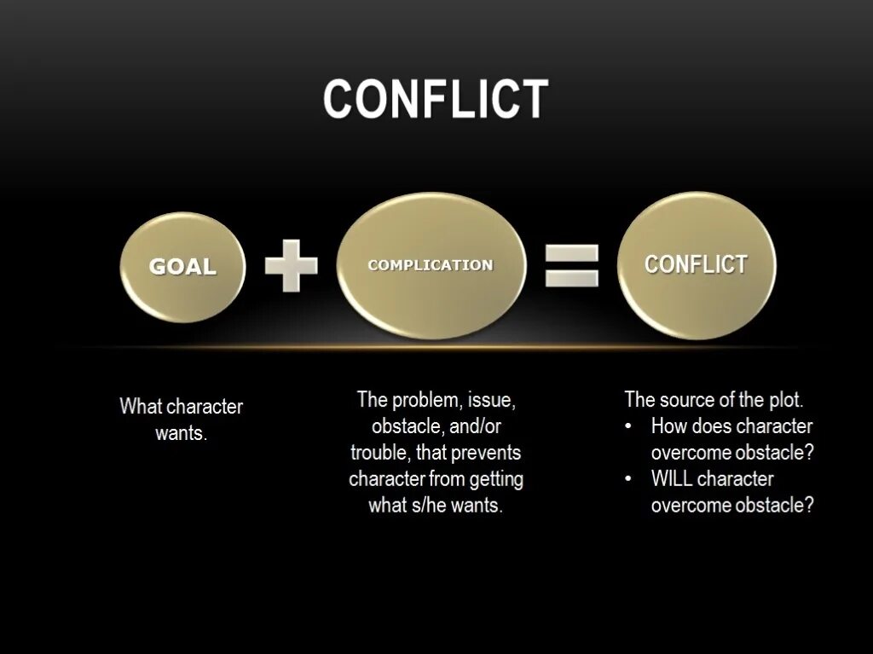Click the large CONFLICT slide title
[x=436, y=99]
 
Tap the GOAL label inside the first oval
[x=182, y=267]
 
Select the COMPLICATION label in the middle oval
[x=431, y=265]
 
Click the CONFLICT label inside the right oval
[x=696, y=264]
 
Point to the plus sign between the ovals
[x=291, y=265]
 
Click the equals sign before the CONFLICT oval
[x=571, y=265]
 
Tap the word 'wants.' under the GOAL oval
[x=182, y=433]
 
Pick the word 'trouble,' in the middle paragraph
[x=380, y=452]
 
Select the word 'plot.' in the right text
[x=783, y=399]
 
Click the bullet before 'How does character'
[x=628, y=425]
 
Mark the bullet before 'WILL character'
[x=628, y=478]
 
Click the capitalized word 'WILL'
[x=672, y=478]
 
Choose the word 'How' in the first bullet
[x=668, y=425]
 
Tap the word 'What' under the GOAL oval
[x=141, y=407]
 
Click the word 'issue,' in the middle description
[x=490, y=399]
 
